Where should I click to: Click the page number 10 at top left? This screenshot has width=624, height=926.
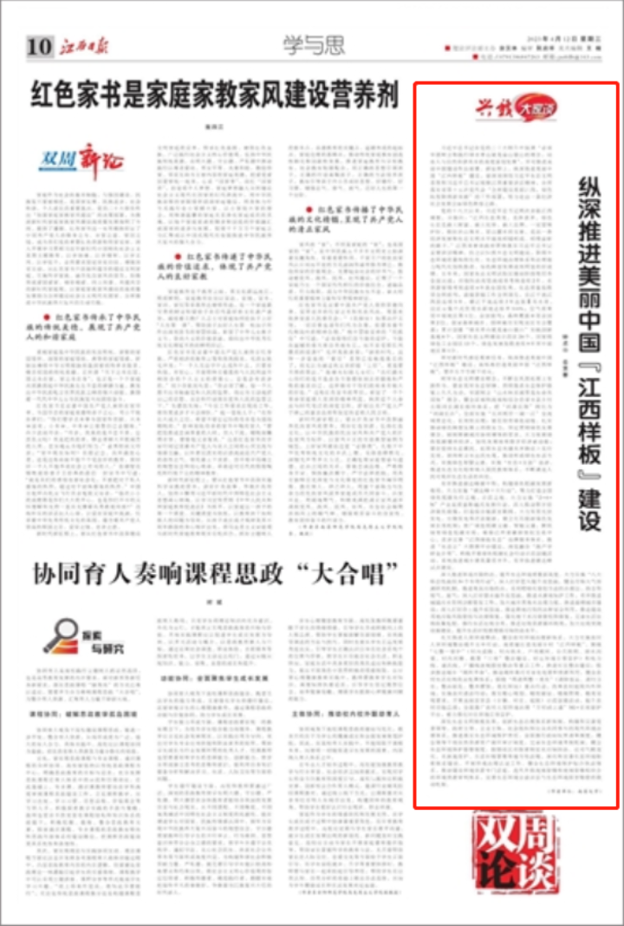tap(40, 47)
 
